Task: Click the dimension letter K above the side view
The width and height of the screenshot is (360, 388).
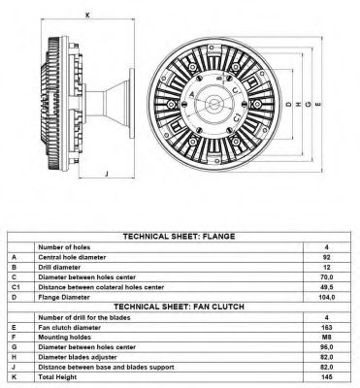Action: click(87, 15)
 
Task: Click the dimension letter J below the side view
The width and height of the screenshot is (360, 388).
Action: click(107, 174)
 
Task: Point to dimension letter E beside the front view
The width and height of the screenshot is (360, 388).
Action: click(318, 104)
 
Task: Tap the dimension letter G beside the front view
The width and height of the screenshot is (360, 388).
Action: click(309, 104)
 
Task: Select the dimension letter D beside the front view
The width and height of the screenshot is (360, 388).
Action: click(289, 104)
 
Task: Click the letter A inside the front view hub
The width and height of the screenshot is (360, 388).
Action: click(191, 94)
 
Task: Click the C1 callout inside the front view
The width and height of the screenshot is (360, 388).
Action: click(237, 117)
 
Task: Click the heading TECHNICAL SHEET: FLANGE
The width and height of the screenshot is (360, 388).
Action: click(179, 237)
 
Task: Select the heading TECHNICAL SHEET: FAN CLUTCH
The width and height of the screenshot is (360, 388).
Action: click(179, 307)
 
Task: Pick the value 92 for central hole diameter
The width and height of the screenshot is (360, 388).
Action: click(327, 257)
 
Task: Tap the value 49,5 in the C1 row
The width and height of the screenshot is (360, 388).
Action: click(327, 287)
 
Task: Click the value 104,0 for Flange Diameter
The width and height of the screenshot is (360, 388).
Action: click(327, 297)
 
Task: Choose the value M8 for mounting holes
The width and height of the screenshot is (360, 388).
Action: click(327, 338)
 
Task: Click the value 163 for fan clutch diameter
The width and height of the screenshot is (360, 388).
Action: click(327, 327)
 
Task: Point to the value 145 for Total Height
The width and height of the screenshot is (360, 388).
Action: click(327, 377)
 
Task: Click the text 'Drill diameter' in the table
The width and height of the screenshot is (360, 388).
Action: click(59, 268)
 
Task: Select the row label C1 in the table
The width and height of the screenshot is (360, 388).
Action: click(16, 287)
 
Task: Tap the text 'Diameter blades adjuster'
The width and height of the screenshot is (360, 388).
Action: click(78, 357)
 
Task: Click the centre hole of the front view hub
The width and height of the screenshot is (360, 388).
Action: click(213, 104)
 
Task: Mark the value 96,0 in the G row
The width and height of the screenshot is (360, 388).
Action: click(327, 347)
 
